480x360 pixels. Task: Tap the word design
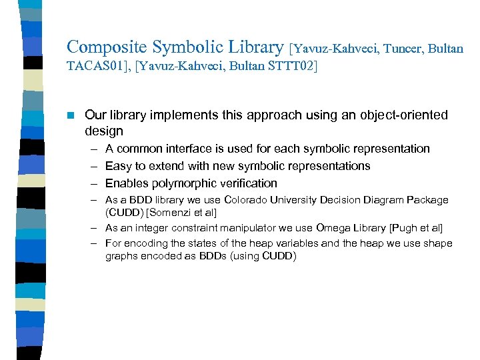coord(104,131)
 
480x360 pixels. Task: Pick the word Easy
coord(118,166)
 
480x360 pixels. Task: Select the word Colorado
coord(249,200)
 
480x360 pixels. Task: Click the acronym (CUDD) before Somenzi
coord(121,213)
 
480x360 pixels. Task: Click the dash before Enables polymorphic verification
coord(92,183)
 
